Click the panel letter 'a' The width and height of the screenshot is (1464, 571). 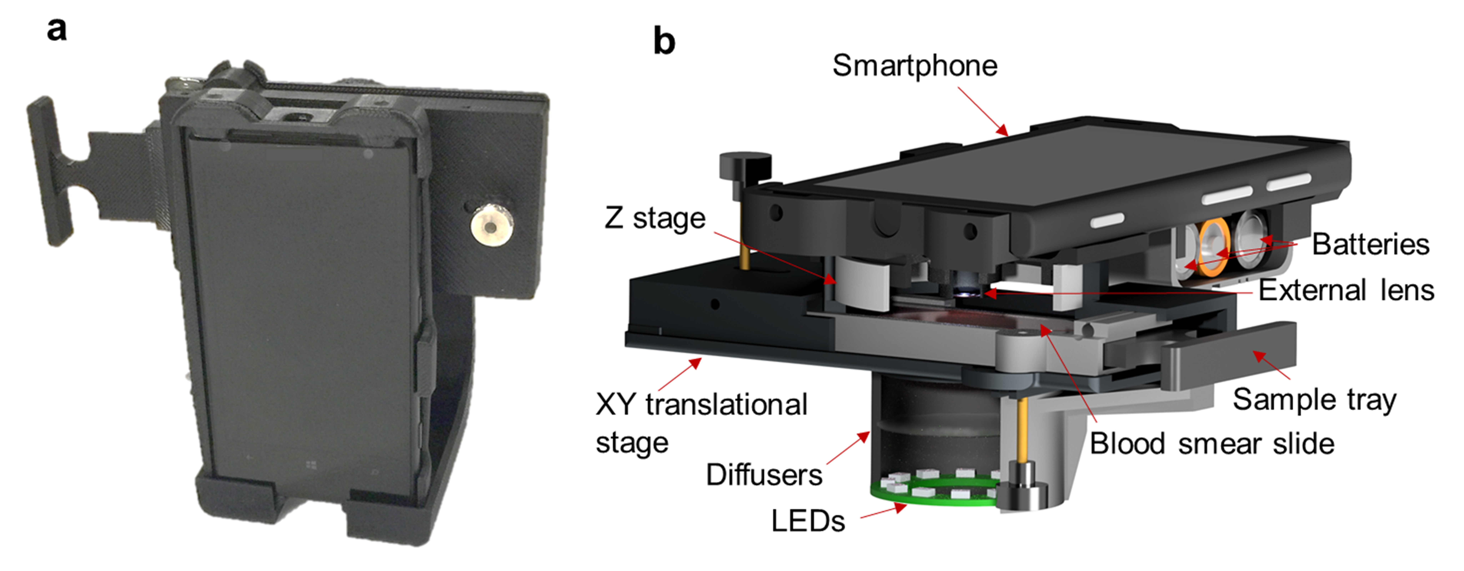point(56,30)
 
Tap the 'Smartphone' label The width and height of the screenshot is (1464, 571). point(914,66)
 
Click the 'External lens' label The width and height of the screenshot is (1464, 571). point(1346,290)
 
